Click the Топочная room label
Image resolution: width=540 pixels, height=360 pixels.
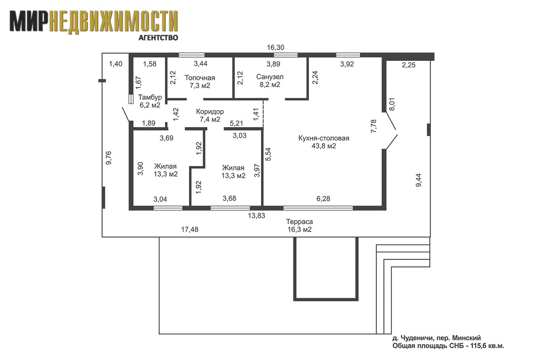tap(200, 78)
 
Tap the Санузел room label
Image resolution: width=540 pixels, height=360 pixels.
tap(270, 77)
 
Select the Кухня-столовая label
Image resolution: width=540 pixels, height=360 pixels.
tap(324, 138)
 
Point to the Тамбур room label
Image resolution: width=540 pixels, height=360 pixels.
tap(150, 98)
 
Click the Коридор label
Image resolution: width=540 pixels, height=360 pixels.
tap(210, 112)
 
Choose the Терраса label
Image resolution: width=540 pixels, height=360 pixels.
tap(300, 222)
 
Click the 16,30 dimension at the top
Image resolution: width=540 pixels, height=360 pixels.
tap(275, 48)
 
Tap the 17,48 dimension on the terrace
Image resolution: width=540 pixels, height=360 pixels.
tap(190, 229)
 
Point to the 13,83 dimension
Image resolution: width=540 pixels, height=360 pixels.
tap(256, 216)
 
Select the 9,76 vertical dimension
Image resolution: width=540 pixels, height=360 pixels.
tap(109, 158)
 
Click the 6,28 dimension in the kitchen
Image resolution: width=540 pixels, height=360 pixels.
tap(323, 199)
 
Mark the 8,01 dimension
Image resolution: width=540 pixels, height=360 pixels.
tap(392, 104)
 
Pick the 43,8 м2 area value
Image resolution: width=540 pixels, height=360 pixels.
tap(324, 146)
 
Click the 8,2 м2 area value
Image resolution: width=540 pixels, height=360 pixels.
tap(270, 85)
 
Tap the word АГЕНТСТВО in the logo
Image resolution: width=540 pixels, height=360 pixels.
tap(158, 37)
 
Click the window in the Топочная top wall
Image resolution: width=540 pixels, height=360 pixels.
tap(192, 55)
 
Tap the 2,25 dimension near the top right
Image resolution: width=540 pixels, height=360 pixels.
tap(409, 65)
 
